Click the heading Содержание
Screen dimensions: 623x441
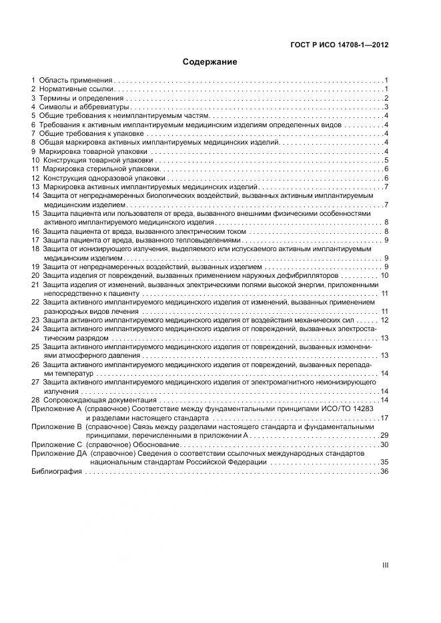point(210,62)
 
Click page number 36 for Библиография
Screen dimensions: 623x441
point(384,471)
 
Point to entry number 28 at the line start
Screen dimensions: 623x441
point(35,399)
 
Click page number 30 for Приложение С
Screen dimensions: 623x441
point(384,444)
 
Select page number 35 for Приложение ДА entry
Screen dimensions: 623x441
point(384,462)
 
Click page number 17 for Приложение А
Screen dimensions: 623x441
point(384,418)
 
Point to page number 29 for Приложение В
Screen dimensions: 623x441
point(384,435)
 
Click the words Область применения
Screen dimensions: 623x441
point(76,80)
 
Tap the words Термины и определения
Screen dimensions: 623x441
point(81,98)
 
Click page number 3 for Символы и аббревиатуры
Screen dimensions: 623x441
point(386,107)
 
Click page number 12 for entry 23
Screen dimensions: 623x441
point(384,320)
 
